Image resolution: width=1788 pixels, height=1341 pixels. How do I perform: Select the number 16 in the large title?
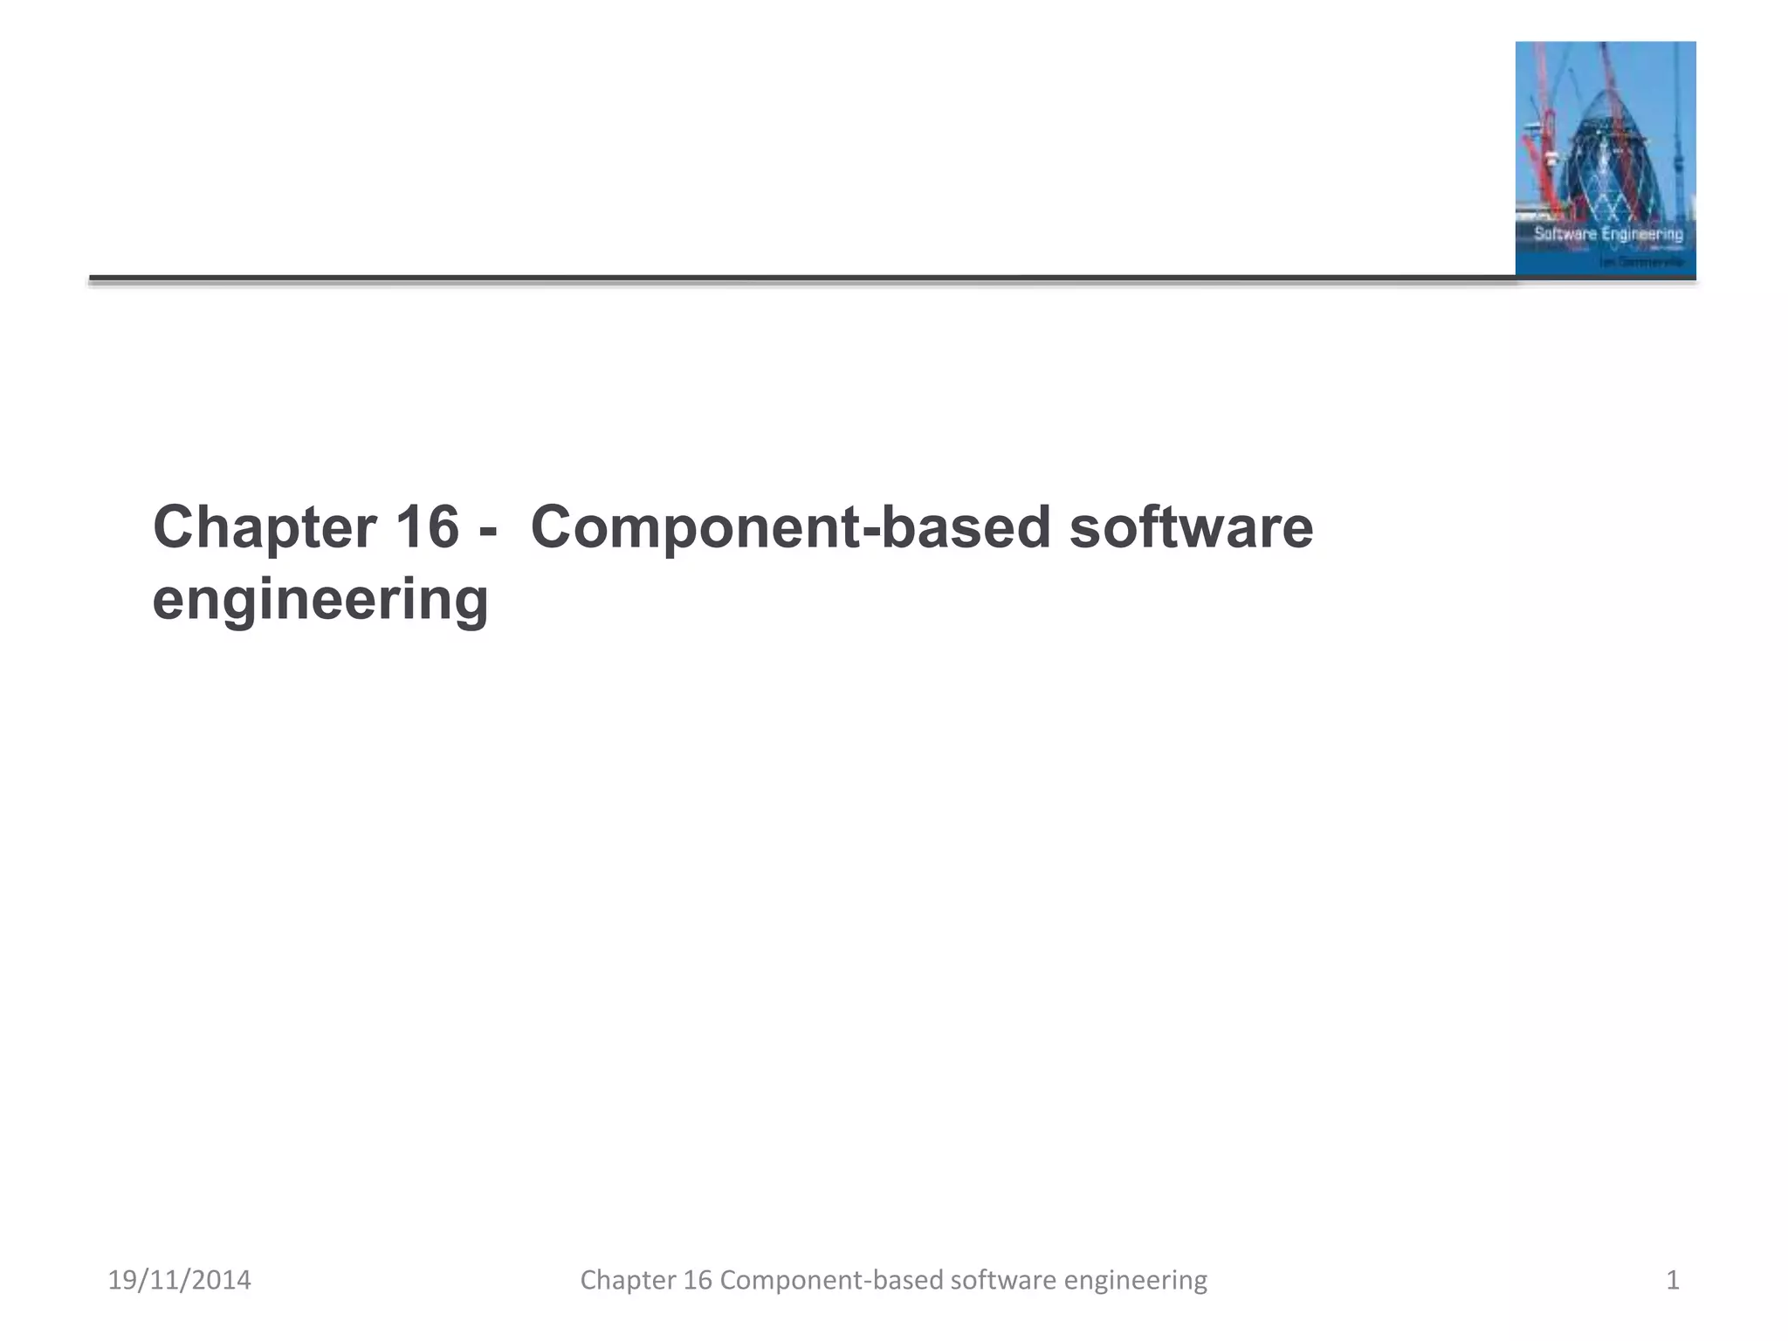click(427, 527)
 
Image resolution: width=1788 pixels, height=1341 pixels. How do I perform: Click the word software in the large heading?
click(1191, 527)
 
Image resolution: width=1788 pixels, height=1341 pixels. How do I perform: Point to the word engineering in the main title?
click(320, 601)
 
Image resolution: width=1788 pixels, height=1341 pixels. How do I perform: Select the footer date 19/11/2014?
click(179, 1280)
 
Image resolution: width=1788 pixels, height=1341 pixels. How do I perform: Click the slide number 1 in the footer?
click(1673, 1280)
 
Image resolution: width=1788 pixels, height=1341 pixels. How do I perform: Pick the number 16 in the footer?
click(698, 1280)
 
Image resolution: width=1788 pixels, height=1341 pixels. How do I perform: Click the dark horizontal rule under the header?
click(786, 279)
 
